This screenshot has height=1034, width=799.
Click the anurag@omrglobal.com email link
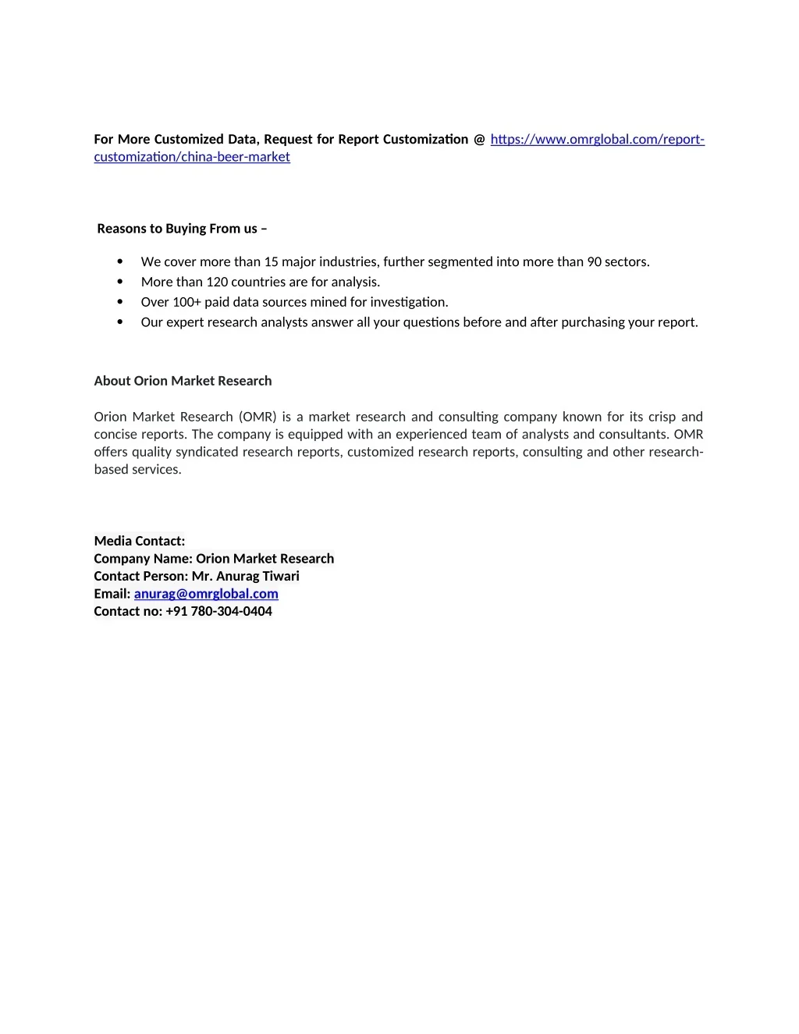(x=206, y=594)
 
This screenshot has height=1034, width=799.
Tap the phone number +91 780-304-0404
(x=218, y=611)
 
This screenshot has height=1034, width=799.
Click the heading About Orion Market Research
(x=183, y=381)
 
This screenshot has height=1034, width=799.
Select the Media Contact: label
(x=140, y=541)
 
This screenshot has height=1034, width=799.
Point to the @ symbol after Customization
(x=479, y=140)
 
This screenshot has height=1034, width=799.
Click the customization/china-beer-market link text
(x=192, y=157)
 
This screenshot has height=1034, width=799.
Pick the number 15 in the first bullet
(x=271, y=261)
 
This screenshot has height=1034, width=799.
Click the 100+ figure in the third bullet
(x=186, y=302)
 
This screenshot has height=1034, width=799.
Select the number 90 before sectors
(x=595, y=261)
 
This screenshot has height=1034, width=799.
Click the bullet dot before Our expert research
(x=120, y=322)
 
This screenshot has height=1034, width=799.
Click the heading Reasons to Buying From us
(x=182, y=229)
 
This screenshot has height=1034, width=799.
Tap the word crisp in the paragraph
(x=662, y=417)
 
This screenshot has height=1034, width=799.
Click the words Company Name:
(x=143, y=559)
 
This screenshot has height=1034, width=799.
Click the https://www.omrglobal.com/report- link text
(x=597, y=140)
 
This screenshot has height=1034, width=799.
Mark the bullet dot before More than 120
(x=120, y=282)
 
